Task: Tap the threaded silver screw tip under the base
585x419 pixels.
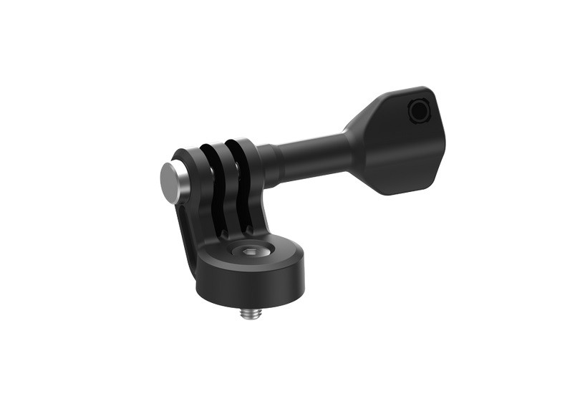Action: [250, 309]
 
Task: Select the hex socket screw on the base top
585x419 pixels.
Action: [248, 252]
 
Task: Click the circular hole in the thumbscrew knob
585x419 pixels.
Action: [417, 111]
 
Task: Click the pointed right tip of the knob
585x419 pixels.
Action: [443, 143]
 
